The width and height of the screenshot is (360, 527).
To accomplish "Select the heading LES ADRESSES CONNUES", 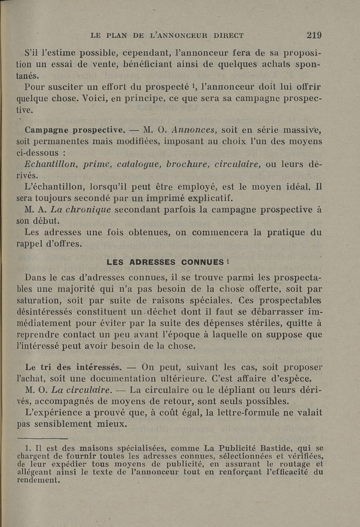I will [165, 262].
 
